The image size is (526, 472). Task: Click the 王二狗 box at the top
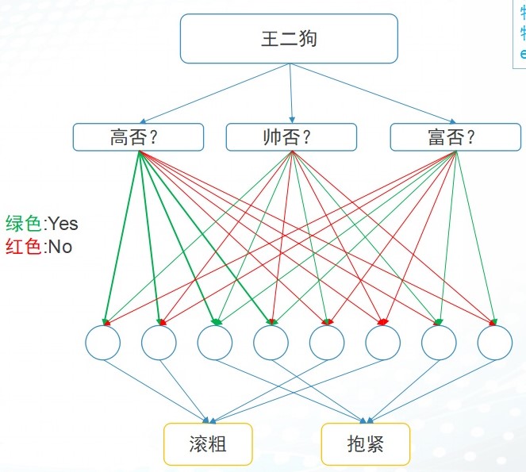289,38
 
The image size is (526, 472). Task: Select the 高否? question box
138,136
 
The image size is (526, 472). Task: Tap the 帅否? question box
291,136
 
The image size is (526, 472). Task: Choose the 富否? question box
455,136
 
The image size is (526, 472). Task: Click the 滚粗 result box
208,443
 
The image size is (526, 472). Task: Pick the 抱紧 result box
366,443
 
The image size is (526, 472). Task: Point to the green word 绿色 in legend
23,224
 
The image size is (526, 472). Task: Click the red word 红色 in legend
23,247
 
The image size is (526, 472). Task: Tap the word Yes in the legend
63,224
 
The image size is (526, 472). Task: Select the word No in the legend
60,247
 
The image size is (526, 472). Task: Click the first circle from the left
103,343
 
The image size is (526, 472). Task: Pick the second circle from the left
159,343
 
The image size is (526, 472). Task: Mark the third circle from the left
215,343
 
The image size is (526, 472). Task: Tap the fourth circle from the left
271,343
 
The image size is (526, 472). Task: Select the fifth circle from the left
327,343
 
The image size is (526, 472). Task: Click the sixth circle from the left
383,343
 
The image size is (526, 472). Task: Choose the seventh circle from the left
439,343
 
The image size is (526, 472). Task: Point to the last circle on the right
495,343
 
